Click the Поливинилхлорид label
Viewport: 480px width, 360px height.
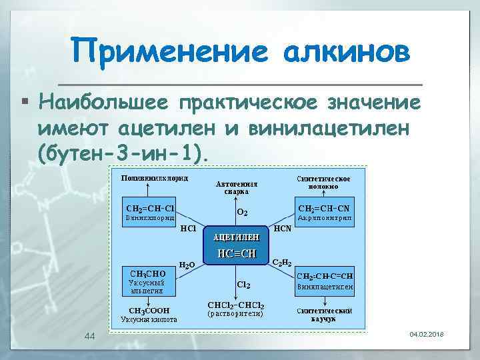[153, 179]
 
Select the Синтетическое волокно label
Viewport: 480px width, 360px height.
[323, 182]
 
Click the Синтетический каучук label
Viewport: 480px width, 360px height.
[323, 315]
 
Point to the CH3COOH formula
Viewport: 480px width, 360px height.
[149, 310]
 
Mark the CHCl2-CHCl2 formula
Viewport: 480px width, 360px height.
[236, 305]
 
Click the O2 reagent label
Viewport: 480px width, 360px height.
[243, 213]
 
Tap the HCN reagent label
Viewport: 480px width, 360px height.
[283, 228]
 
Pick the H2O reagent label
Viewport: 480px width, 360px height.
[187, 265]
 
